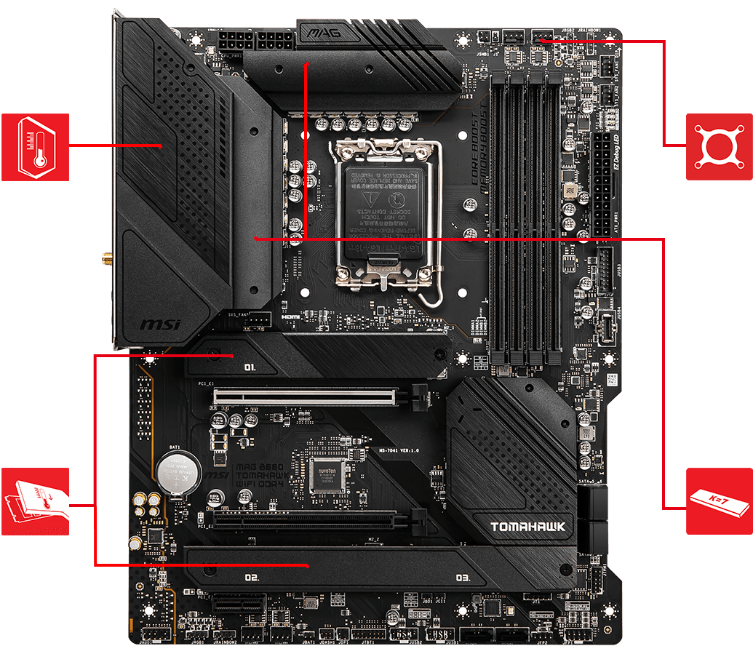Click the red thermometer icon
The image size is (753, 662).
point(35,146)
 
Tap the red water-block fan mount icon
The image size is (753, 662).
point(720,146)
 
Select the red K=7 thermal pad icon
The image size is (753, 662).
point(720,501)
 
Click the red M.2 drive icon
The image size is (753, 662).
point(35,501)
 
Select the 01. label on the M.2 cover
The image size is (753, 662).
point(250,368)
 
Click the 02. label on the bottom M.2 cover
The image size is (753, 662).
point(252,578)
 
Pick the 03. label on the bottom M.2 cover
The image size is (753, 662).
point(463,578)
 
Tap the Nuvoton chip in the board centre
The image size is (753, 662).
point(325,476)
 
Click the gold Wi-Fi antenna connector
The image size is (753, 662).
point(106,258)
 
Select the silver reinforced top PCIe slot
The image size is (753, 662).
point(306,397)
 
